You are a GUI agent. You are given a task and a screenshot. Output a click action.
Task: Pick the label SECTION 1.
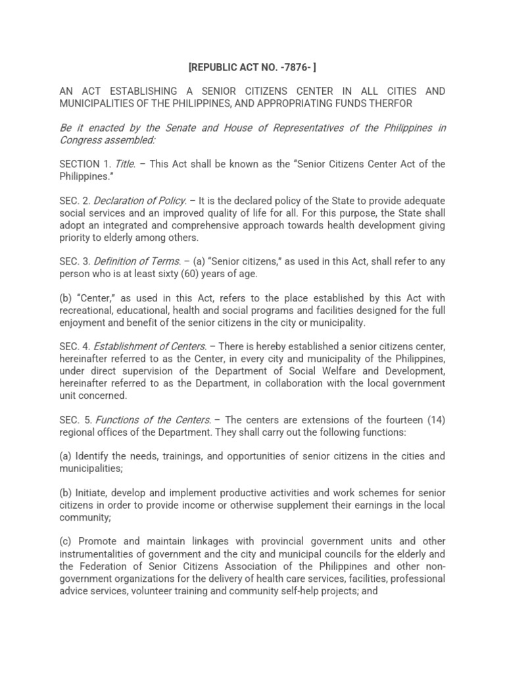tap(85, 164)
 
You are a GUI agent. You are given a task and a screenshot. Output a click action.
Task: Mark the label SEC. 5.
tap(76, 420)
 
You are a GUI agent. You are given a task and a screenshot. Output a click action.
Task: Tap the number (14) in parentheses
tap(433, 420)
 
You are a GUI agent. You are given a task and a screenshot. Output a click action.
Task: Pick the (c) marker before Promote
tap(65, 542)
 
